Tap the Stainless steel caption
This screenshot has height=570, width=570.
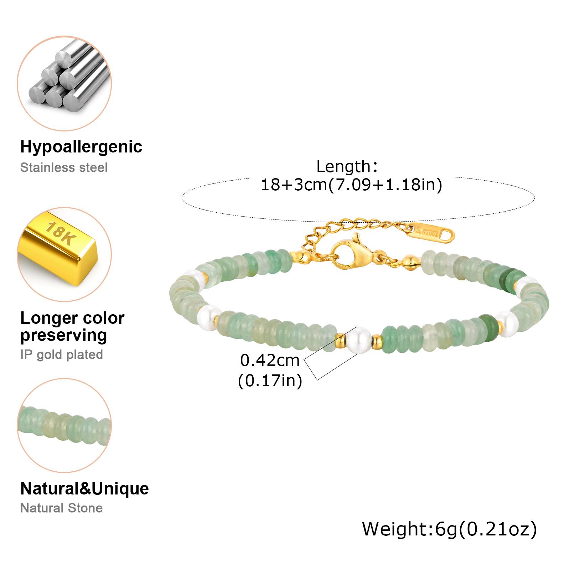click(x=64, y=167)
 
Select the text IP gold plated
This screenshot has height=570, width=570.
click(x=62, y=354)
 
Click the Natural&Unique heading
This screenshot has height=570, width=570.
click(x=84, y=488)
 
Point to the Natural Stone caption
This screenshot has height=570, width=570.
click(x=61, y=508)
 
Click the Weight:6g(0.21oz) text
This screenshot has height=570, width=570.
click(x=449, y=529)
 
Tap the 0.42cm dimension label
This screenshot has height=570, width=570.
click(x=270, y=361)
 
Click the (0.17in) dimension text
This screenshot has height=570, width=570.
click(x=270, y=381)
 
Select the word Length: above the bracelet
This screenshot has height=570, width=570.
click(x=347, y=167)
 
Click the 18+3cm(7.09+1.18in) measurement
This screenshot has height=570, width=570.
click(x=352, y=185)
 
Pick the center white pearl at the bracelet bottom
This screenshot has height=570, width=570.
click(x=357, y=340)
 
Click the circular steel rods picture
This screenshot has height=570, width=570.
click(x=64, y=83)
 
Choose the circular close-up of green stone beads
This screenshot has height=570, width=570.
click(x=64, y=425)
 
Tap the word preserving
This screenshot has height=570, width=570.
click(x=64, y=336)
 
